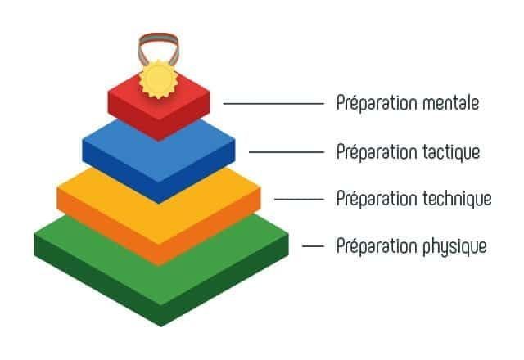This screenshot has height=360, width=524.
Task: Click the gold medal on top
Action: point(158,79)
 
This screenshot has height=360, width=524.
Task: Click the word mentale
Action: point(451,103)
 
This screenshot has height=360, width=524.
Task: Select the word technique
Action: point(457,199)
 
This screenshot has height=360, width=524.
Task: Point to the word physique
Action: point(454,247)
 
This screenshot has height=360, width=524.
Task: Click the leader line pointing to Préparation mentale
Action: point(273,104)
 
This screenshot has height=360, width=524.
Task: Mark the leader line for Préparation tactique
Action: point(287,152)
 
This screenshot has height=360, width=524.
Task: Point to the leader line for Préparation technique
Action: point(299,199)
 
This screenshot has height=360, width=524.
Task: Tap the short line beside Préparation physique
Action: point(313,246)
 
